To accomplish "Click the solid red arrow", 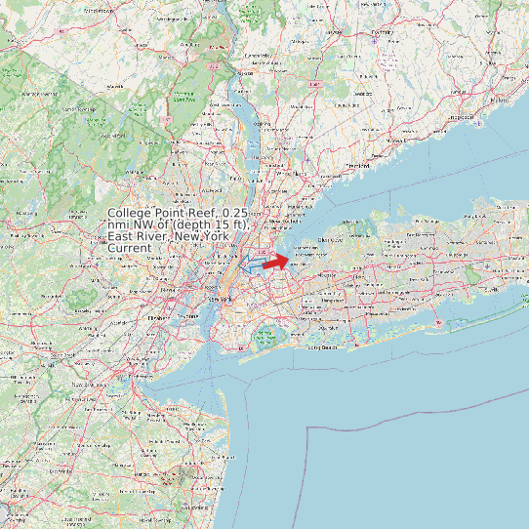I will (275, 261).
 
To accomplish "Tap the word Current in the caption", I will (130, 248).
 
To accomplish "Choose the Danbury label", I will (382, 32).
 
